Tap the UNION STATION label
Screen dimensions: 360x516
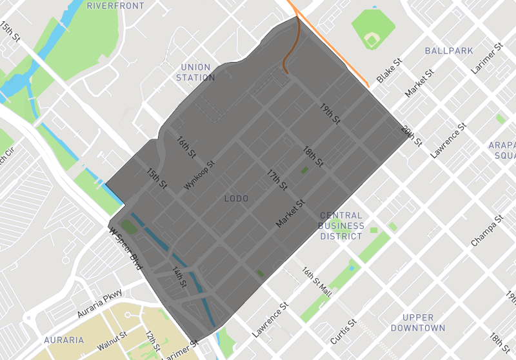tap(196, 72)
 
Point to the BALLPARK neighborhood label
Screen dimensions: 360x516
tap(449, 50)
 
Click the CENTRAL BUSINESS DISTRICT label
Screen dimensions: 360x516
tap(341, 226)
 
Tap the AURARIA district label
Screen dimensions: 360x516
tap(64, 339)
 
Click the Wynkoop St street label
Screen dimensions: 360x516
tap(199, 175)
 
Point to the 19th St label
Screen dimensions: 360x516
tap(330, 114)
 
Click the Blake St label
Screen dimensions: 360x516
tap(390, 71)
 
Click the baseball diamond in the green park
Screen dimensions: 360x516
tap(372, 39)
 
